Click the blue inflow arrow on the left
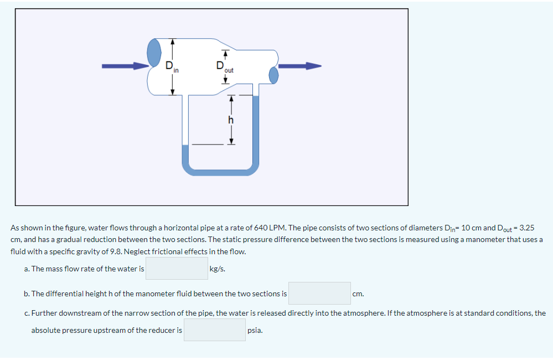pyautogui.click(x=125, y=66)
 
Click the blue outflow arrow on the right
pyautogui.click(x=299, y=66)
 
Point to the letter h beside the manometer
pyautogui.click(x=231, y=120)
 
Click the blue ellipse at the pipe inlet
pyautogui.click(x=153, y=53)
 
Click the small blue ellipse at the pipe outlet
pyautogui.click(x=273, y=75)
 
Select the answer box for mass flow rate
pyautogui.click(x=177, y=269)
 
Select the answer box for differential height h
pyautogui.click(x=319, y=293)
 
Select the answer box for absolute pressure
pyautogui.click(x=215, y=330)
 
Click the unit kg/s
pyautogui.click(x=218, y=269)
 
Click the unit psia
pyautogui.click(x=255, y=331)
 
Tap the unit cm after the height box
pyautogui.click(x=358, y=294)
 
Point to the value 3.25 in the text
pyautogui.click(x=524, y=228)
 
